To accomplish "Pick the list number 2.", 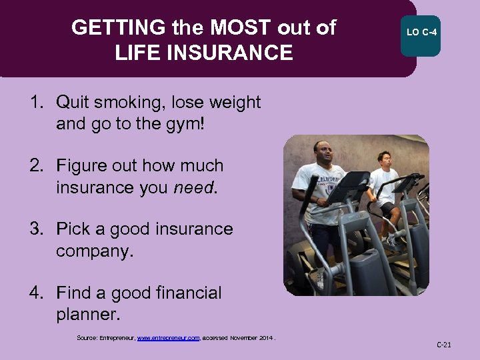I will [36, 165].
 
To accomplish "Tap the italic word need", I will [194, 188].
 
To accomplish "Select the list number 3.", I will [36, 229].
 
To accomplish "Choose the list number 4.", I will [36, 293].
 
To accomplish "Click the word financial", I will [182, 293].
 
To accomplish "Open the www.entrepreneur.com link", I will [168, 339].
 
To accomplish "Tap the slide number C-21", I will [443, 345].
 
